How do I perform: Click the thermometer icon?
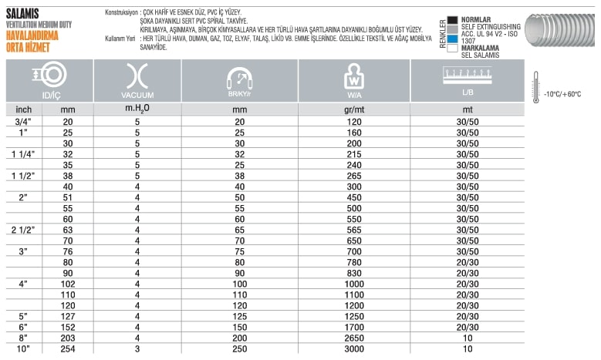coord(535,86)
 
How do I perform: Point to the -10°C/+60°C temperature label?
coord(562,94)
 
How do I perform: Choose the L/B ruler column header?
coord(468,80)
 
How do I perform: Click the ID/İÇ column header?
coord(49,80)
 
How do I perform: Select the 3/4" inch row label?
coord(24,122)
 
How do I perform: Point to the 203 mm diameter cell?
coord(67,339)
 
